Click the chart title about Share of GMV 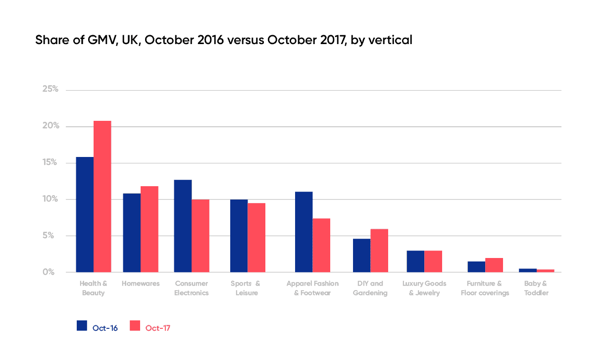coord(223,41)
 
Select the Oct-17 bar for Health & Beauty coord(102,197)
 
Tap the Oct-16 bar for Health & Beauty coord(85,214)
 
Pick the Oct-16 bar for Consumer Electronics coord(183,226)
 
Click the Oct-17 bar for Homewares coord(150,229)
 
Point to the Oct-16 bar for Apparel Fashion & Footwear coord(303,232)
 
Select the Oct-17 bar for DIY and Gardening coord(379,251)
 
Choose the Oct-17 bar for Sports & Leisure coord(256,238)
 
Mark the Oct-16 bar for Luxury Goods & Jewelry coord(415,261)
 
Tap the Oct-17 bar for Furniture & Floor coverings coord(494,265)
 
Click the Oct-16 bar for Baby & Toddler coord(528,270)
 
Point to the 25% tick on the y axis coord(51,90)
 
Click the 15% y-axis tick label coord(51,163)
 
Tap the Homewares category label coord(141,284)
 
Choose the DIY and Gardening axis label coord(370,288)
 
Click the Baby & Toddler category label coord(536,288)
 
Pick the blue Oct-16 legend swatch coord(82,325)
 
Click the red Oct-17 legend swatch coord(135,325)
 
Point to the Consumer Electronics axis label coord(191,288)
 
